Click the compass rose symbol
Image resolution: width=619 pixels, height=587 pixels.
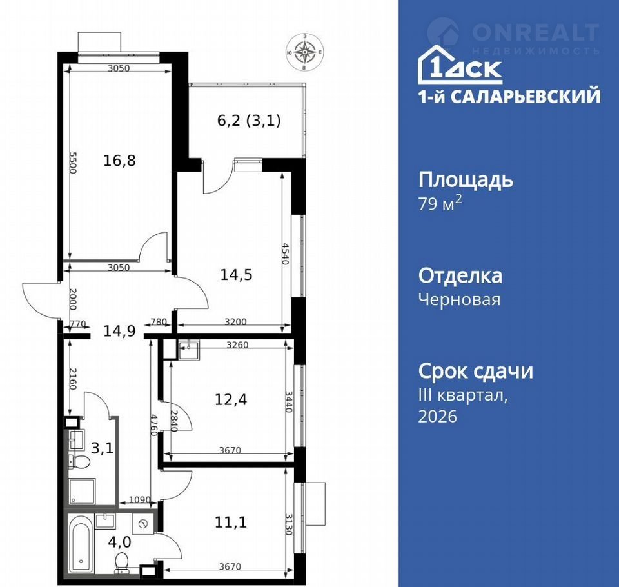[304, 52]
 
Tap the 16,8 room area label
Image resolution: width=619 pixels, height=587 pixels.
[119, 161]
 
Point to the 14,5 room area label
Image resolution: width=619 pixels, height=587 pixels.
[236, 275]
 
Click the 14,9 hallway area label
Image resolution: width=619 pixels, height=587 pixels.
[119, 331]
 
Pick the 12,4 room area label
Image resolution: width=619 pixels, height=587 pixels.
[231, 399]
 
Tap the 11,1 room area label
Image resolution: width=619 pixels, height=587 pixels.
[231, 522]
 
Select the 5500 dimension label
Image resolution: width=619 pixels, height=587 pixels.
[73, 163]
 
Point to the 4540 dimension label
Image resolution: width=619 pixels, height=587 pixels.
[285, 254]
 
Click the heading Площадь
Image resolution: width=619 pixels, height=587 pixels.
[466, 180]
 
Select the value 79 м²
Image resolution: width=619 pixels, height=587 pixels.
[440, 203]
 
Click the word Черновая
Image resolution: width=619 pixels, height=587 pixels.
[459, 299]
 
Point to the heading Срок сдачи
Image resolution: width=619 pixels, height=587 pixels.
[476, 372]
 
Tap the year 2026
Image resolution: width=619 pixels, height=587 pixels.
[438, 416]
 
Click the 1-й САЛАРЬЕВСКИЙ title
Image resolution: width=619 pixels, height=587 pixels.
[509, 96]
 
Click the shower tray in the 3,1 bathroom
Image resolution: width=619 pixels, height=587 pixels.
[82, 492]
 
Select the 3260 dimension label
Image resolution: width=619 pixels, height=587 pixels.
[237, 345]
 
